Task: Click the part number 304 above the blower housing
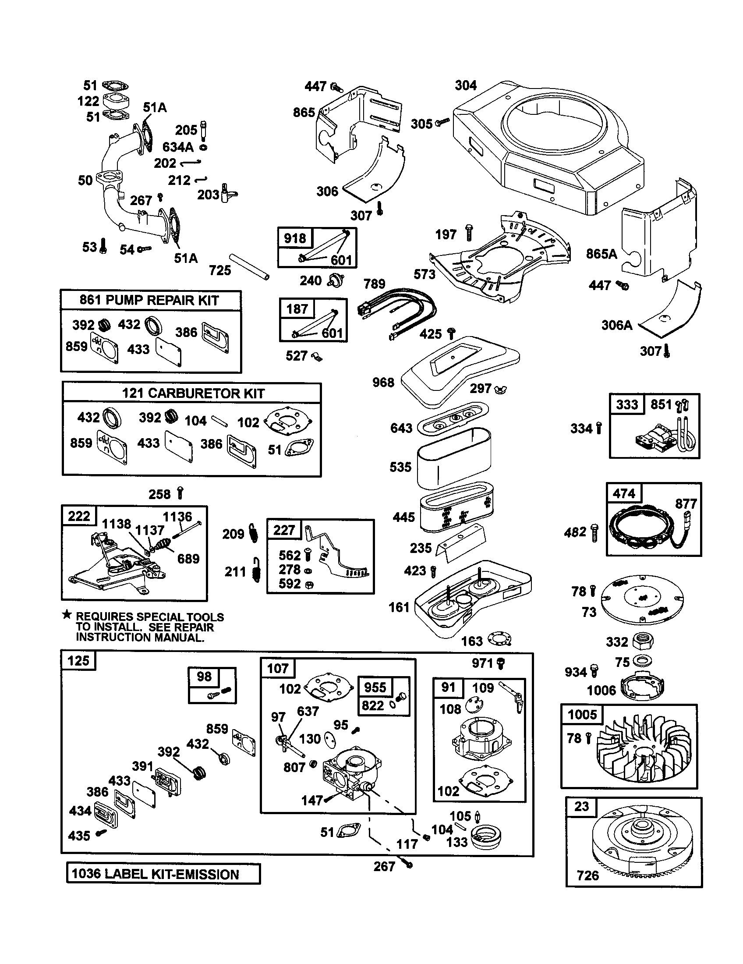466,85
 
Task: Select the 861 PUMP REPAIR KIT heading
149,301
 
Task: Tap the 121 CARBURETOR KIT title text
193,393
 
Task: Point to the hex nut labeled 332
642,641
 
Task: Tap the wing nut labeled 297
501,389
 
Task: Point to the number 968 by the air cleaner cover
383,382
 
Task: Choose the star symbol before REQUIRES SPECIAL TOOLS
67,614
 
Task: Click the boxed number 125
78,661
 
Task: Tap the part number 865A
601,254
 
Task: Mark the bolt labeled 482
594,533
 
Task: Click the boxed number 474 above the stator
624,493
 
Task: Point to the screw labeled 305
442,122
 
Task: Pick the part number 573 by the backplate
425,275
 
